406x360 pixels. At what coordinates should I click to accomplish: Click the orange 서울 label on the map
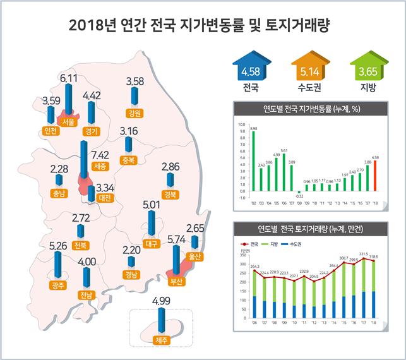tap(68, 123)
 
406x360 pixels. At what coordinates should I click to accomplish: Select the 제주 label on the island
tap(162, 340)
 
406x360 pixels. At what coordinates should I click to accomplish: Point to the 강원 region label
tap(134, 114)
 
